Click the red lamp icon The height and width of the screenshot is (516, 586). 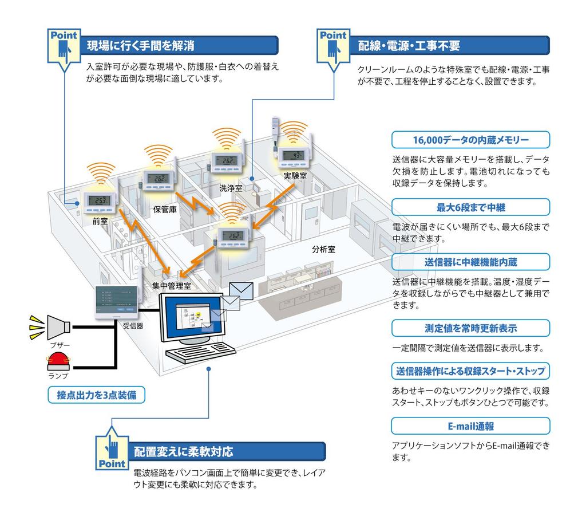coord(58,360)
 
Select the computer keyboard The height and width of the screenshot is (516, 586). coord(201,352)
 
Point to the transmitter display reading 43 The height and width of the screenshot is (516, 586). coord(294,155)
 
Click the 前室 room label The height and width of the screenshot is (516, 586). coord(100,222)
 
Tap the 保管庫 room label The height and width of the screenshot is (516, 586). coord(165,210)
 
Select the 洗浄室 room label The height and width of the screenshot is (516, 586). coord(231,188)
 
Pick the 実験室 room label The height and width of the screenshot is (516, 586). coord(295,176)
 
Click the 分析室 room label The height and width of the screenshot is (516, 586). coord(324,249)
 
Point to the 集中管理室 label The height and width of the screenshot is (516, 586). coord(172,286)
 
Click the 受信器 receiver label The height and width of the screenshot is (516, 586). coord(133,326)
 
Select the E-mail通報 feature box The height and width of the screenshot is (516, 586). coord(470,426)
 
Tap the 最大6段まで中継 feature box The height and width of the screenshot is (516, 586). coord(470,207)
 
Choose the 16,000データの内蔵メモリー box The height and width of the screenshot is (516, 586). coord(470,140)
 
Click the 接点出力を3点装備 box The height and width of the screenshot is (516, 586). coord(96,395)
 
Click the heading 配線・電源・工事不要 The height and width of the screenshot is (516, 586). coord(409,46)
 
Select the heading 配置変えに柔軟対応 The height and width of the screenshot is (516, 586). coord(184,452)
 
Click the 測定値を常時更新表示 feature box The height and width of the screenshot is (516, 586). coord(470,328)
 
